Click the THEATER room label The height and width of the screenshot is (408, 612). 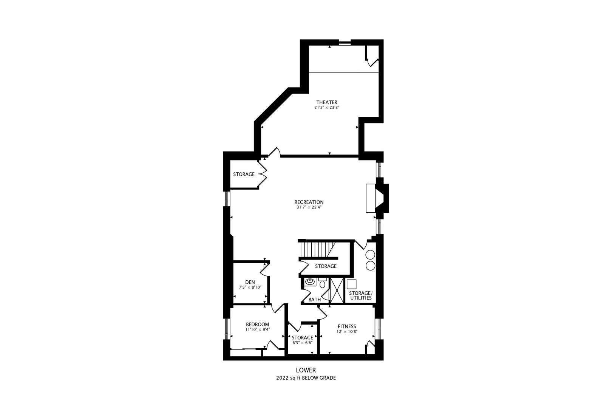[x=327, y=102]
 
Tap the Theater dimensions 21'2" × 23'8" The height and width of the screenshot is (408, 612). [x=327, y=108]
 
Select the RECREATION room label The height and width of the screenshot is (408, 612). [x=309, y=202]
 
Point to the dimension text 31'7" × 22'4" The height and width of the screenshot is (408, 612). [x=309, y=207]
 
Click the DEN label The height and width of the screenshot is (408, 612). [x=250, y=282]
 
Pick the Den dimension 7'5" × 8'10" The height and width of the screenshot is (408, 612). [x=250, y=287]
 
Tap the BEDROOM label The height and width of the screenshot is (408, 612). [x=257, y=325]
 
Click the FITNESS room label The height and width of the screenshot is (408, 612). [x=347, y=326]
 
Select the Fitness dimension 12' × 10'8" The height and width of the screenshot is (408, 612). [x=347, y=332]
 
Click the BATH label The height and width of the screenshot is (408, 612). [x=315, y=300]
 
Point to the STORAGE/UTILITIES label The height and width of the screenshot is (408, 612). [x=360, y=295]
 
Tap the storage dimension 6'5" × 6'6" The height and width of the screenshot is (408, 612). [x=302, y=343]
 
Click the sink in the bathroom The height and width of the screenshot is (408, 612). [x=311, y=282]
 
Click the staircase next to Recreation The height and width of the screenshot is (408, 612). [x=317, y=249]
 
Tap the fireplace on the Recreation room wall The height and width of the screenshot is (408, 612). [x=376, y=199]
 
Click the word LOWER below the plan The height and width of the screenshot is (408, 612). [x=306, y=371]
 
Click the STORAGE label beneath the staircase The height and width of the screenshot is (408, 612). [x=326, y=266]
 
